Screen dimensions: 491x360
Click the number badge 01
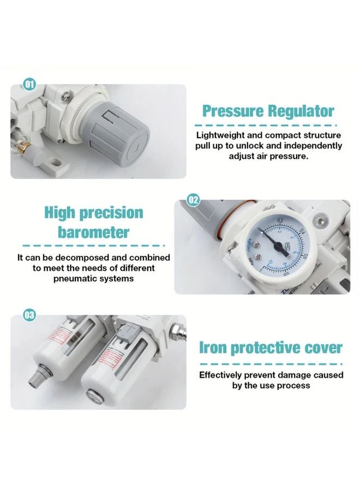29,84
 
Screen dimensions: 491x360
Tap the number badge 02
193,200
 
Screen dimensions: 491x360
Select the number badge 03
29,315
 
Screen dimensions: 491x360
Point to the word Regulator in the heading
302,111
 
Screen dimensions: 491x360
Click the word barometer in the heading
93,232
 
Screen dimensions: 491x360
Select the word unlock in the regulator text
247,146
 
